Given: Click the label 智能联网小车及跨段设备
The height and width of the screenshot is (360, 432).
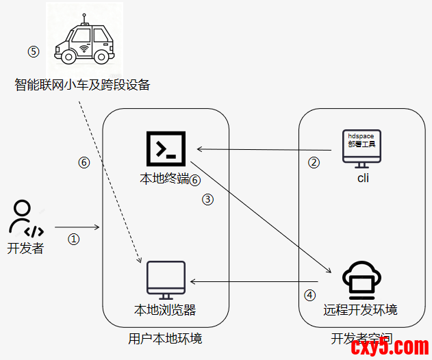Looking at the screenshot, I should coord(82,85).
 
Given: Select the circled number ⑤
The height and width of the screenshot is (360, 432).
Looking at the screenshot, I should coord(33,51).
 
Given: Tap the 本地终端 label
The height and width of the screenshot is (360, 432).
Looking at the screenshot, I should coord(164,179).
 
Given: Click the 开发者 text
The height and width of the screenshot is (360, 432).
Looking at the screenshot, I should coord(25,248).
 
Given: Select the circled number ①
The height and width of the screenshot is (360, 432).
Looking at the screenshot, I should coord(74,239).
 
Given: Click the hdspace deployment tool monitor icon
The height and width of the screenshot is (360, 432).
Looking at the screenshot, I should coord(362,146).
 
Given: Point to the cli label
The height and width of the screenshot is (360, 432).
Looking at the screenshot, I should coord(363,178).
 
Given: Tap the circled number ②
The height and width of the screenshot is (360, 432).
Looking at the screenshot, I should coord(314,163).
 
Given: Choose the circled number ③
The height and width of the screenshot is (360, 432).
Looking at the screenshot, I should coord(208,199).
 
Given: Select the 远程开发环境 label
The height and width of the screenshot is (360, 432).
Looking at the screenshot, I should coord(361,309).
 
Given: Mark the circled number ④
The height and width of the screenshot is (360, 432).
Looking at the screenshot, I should coord(310,295).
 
